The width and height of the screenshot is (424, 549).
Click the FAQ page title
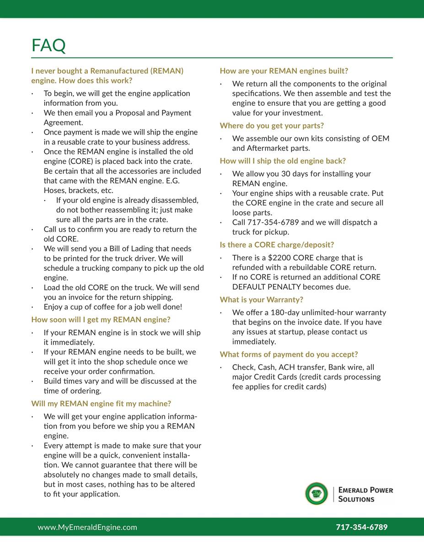[48, 45]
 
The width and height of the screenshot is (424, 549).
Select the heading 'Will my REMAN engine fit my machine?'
[101, 404]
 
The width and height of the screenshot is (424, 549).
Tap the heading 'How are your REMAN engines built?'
[284, 71]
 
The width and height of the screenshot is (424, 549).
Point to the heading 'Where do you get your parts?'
[272, 126]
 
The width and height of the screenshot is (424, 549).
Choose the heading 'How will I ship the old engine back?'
[283, 161]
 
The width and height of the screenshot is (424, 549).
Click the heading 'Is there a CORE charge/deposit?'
[277, 245]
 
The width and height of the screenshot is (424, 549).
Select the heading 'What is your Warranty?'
[261, 300]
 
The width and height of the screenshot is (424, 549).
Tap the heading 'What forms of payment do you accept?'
[289, 355]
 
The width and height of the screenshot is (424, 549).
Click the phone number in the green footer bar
[361, 527]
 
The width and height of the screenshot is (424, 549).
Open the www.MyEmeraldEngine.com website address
[87, 527]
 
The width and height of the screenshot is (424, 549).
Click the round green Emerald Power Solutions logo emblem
[317, 494]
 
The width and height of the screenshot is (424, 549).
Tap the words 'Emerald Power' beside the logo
[365, 490]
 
